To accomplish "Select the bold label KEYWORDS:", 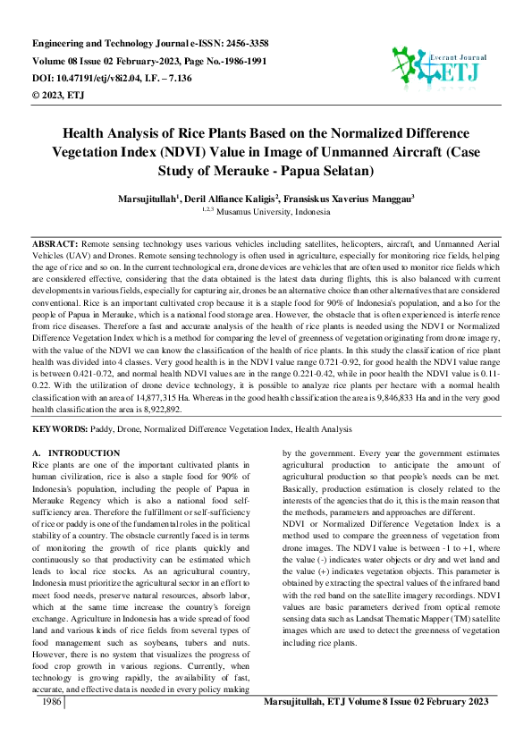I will (60, 428).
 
